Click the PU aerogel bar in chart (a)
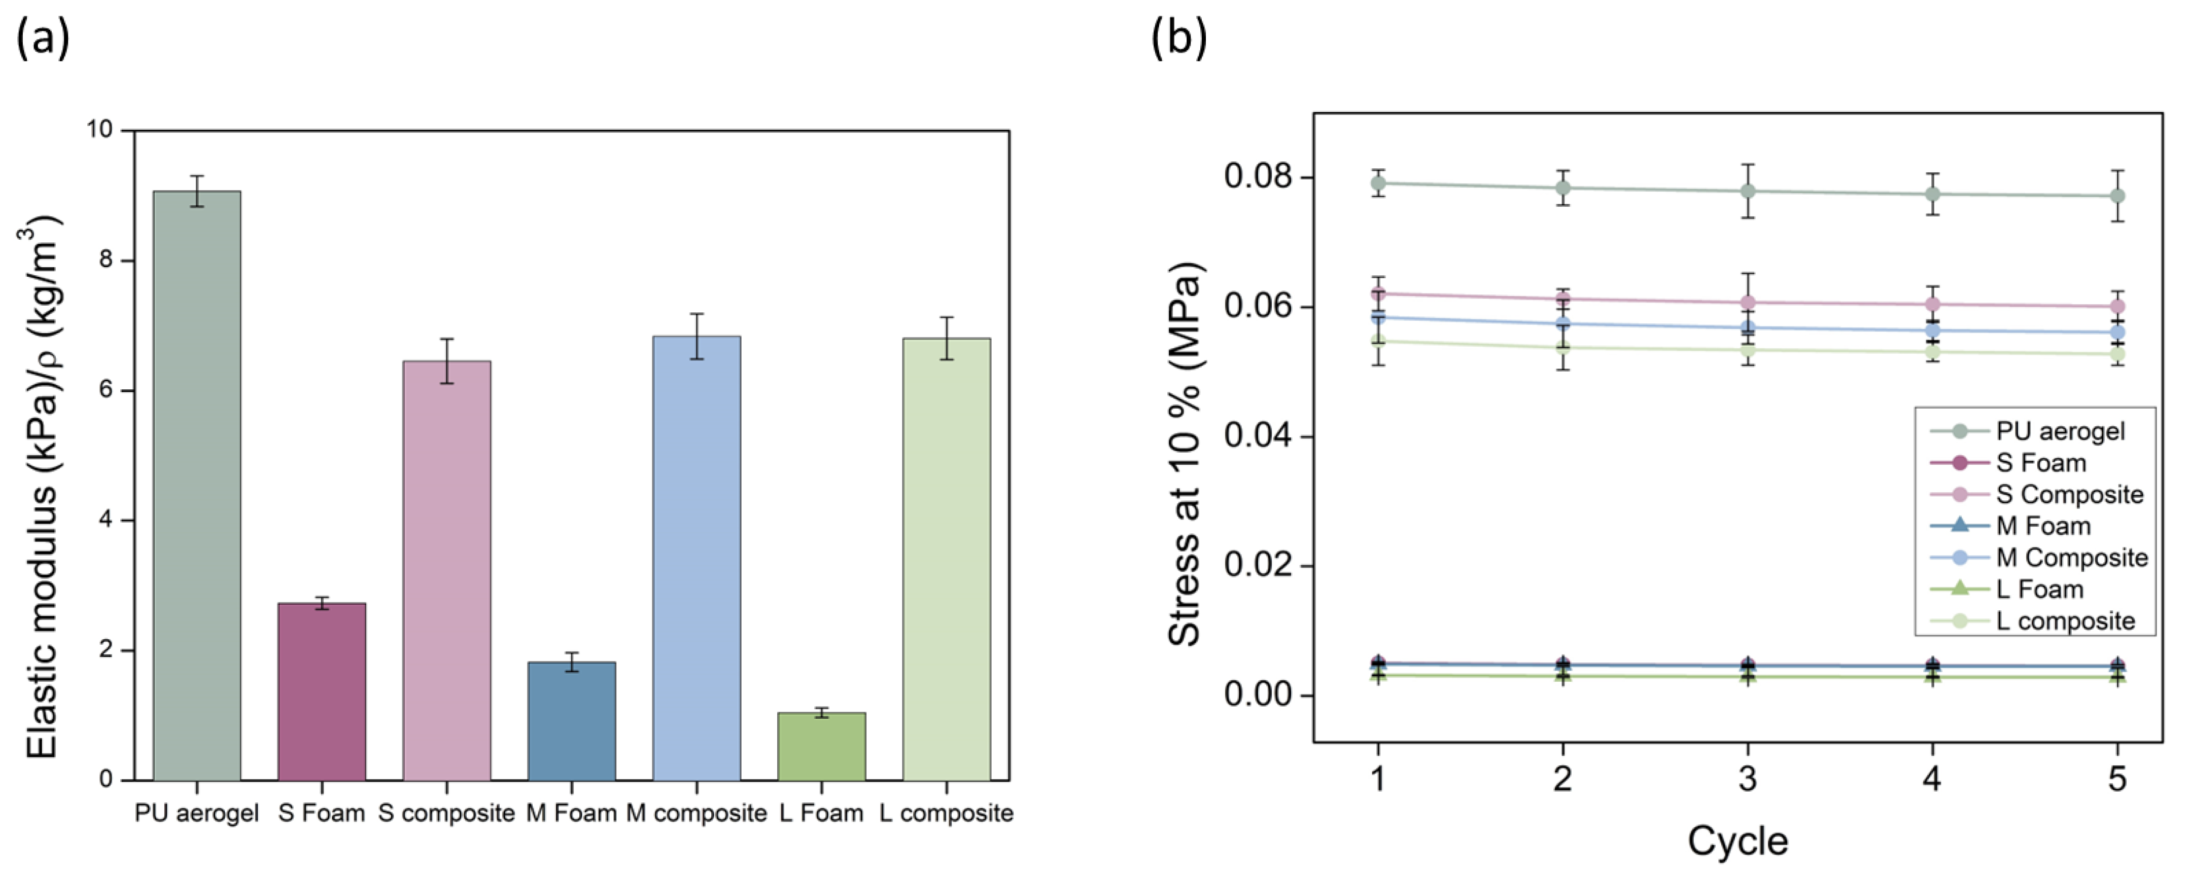[196, 485]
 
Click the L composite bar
[946, 559]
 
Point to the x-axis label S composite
[446, 814]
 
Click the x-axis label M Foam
[571, 814]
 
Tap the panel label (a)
[43, 38]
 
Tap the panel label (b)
[1178, 38]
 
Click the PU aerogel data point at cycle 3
[1747, 191]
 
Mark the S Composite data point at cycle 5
[2117, 307]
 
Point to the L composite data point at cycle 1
[1378, 341]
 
